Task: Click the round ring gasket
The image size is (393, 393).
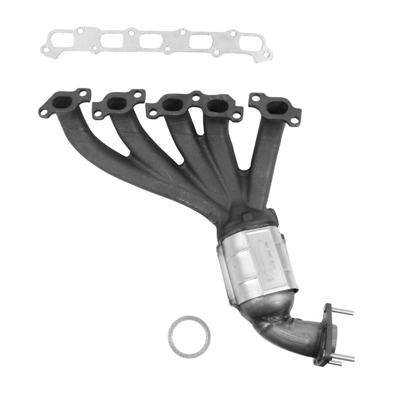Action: [x=189, y=337]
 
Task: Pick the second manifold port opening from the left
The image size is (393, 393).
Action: [x=117, y=103]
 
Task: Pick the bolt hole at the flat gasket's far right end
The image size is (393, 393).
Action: [x=266, y=54]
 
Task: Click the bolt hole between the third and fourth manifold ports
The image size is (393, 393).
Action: [x=196, y=98]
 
